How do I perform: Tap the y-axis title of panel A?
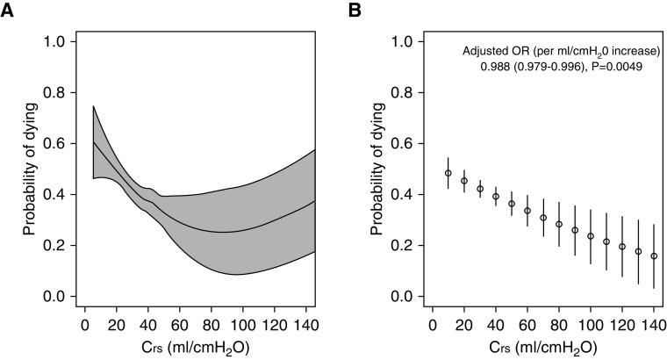30,169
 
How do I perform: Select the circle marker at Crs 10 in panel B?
448,173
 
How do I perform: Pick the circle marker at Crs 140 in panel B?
654,256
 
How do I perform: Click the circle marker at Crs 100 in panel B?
591,236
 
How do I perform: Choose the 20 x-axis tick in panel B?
464,322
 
